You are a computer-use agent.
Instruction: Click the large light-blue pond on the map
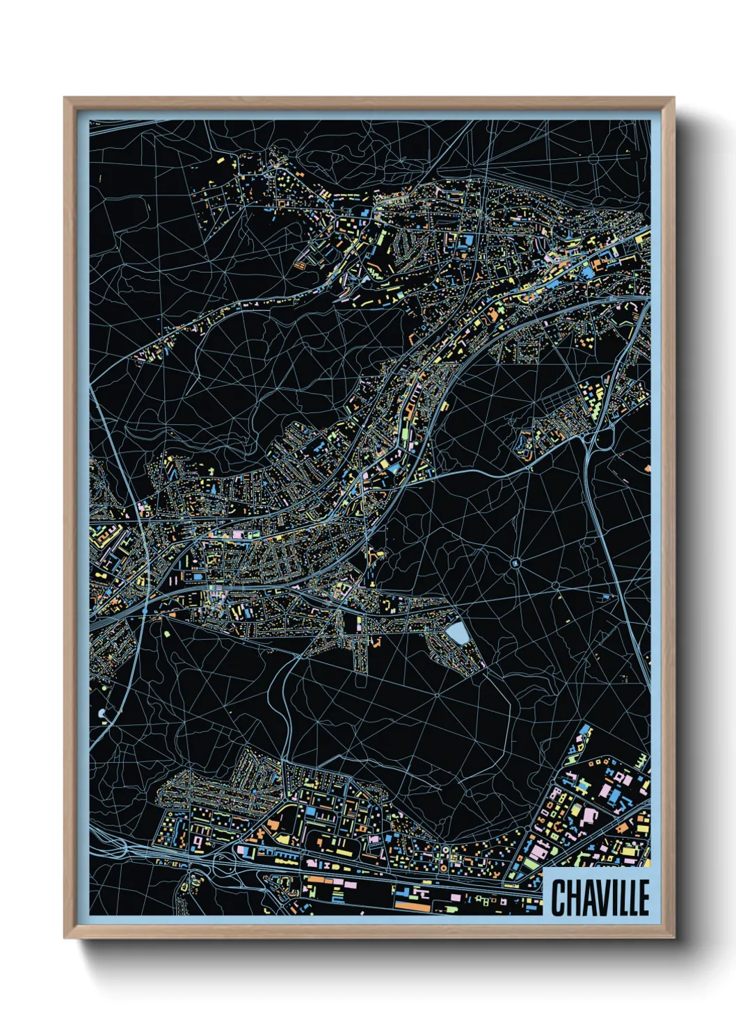tap(458, 633)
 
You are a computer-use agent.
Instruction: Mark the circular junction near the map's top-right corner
tap(593, 159)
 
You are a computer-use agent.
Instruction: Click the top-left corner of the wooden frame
tap(65, 98)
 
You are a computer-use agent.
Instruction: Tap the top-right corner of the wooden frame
tap(674, 98)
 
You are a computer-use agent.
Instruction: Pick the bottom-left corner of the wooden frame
tap(65, 938)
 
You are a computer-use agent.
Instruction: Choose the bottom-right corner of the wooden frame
tap(674, 938)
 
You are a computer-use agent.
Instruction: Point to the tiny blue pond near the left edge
tap(102, 713)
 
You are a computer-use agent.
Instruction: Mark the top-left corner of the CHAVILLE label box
tap(543, 868)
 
